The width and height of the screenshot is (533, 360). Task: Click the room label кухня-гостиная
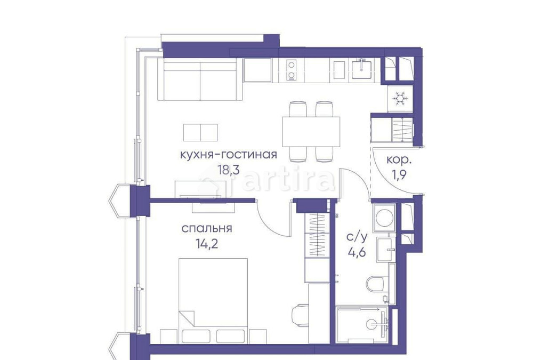point(229,155)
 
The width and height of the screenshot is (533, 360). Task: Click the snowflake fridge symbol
point(400,99)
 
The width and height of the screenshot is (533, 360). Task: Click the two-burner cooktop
point(291,70)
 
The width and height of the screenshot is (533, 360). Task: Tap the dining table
point(311,130)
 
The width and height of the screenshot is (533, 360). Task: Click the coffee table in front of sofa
point(200,132)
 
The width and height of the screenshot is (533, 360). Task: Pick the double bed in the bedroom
point(213,299)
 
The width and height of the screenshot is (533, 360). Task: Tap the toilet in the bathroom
point(376,283)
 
